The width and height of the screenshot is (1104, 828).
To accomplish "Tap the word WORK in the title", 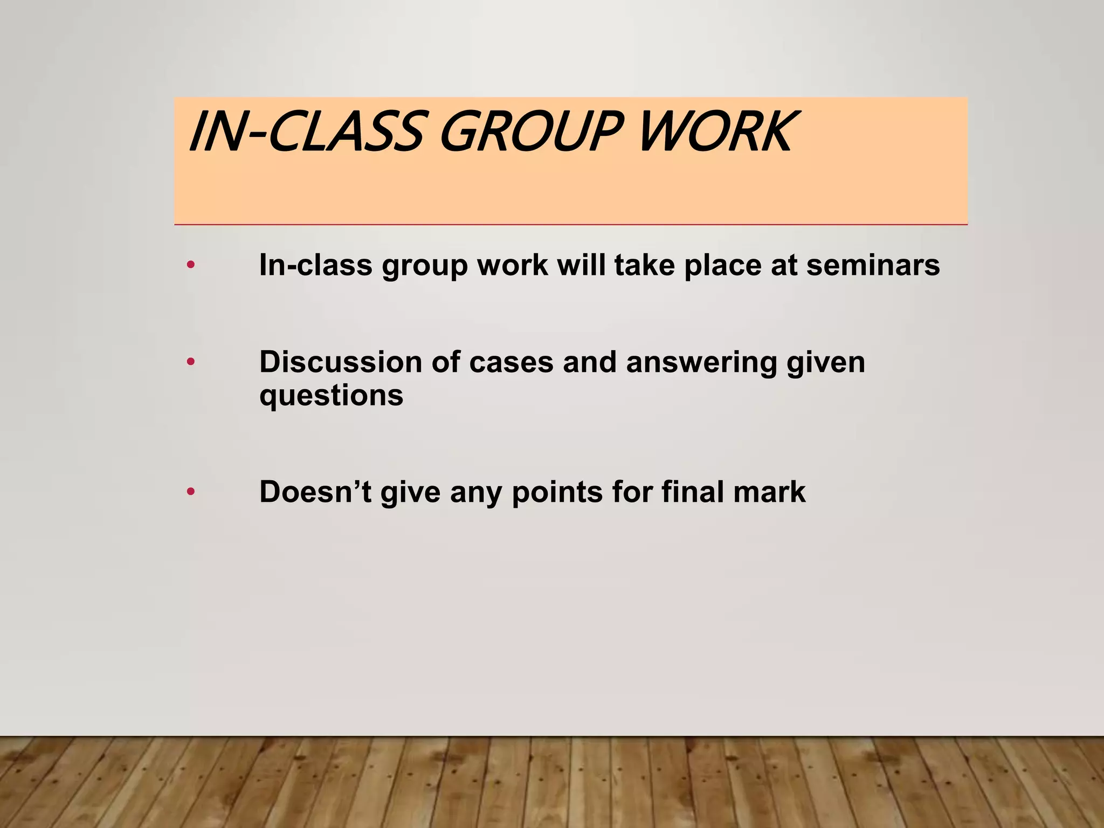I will pyautogui.click(x=715, y=132).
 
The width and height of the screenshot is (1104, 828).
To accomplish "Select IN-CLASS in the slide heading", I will pyautogui.click(x=305, y=132).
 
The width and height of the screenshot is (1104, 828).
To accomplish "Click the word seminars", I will pyautogui.click(x=873, y=265).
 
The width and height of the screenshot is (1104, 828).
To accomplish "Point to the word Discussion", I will pyautogui.click(x=340, y=362).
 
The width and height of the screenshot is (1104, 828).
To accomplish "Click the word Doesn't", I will pyautogui.click(x=315, y=492).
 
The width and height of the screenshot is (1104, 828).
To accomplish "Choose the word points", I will pyautogui.click(x=557, y=493).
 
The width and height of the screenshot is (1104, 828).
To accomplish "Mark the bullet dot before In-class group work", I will pyautogui.click(x=190, y=265).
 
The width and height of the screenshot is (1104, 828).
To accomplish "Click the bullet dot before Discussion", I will pyautogui.click(x=190, y=362).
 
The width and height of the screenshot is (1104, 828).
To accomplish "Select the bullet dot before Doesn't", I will pyautogui.click(x=190, y=492).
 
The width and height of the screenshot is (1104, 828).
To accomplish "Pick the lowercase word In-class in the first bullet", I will pyautogui.click(x=316, y=265).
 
